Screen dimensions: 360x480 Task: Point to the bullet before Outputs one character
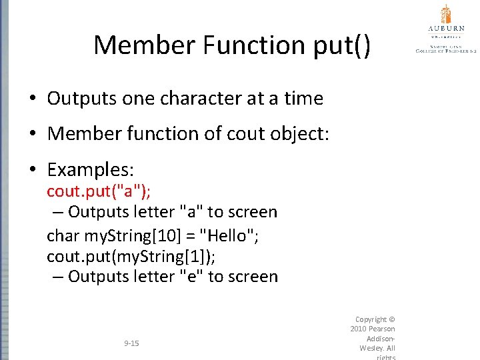point(32,99)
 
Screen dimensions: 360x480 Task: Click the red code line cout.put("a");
point(98,191)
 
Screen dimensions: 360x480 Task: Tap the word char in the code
point(63,235)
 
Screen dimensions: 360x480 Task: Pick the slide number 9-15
point(131,343)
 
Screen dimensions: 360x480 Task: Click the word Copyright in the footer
point(370,319)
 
